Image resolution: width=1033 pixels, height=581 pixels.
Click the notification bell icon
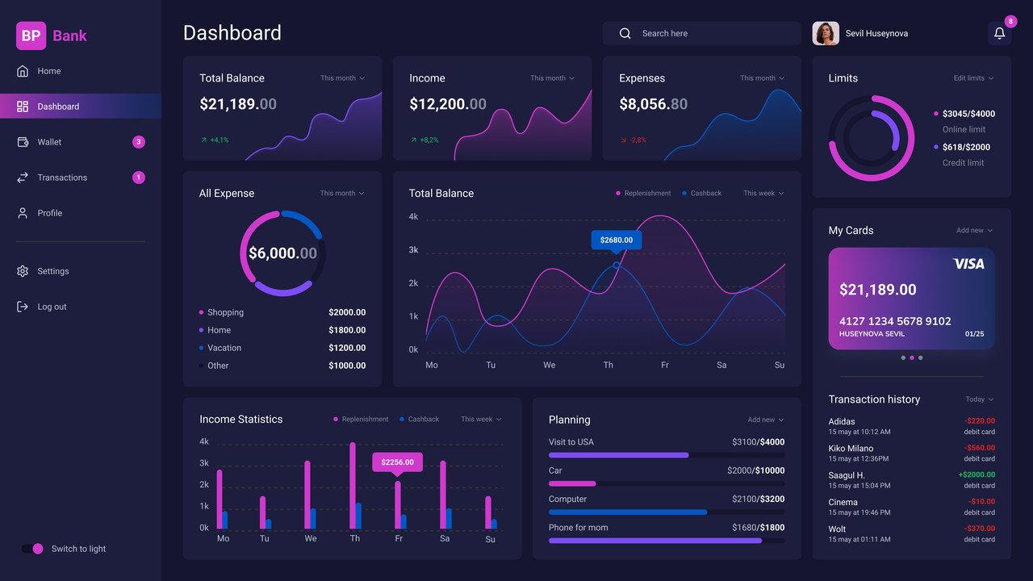(999, 34)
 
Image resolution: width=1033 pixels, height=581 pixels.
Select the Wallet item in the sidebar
(49, 142)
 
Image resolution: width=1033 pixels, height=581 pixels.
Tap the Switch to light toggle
(32, 549)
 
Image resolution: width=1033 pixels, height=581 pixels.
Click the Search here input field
(701, 34)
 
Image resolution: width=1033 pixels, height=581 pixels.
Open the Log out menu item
(52, 307)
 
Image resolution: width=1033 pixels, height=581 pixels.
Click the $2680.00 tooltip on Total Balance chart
(617, 240)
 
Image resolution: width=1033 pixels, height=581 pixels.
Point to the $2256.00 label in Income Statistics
(397, 462)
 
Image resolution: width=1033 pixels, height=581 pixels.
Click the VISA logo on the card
(968, 264)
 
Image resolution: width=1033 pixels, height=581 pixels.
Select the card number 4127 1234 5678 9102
(895, 321)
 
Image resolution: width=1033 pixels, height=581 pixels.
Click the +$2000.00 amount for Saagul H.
(977, 474)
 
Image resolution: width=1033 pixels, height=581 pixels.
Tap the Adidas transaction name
(842, 421)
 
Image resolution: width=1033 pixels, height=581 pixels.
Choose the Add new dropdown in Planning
(765, 420)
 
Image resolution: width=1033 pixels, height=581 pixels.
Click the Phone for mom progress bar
(655, 541)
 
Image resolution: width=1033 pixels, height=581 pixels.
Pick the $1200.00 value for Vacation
(347, 348)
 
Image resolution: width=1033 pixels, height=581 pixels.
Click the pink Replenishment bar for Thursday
(353, 485)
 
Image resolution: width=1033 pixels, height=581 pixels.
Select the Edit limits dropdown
(973, 78)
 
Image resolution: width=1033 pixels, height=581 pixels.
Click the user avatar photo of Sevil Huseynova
(826, 34)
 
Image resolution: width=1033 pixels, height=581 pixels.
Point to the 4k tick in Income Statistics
(204, 441)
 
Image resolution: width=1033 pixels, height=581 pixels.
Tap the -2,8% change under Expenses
(638, 140)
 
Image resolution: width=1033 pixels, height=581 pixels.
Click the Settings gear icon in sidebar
(23, 271)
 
